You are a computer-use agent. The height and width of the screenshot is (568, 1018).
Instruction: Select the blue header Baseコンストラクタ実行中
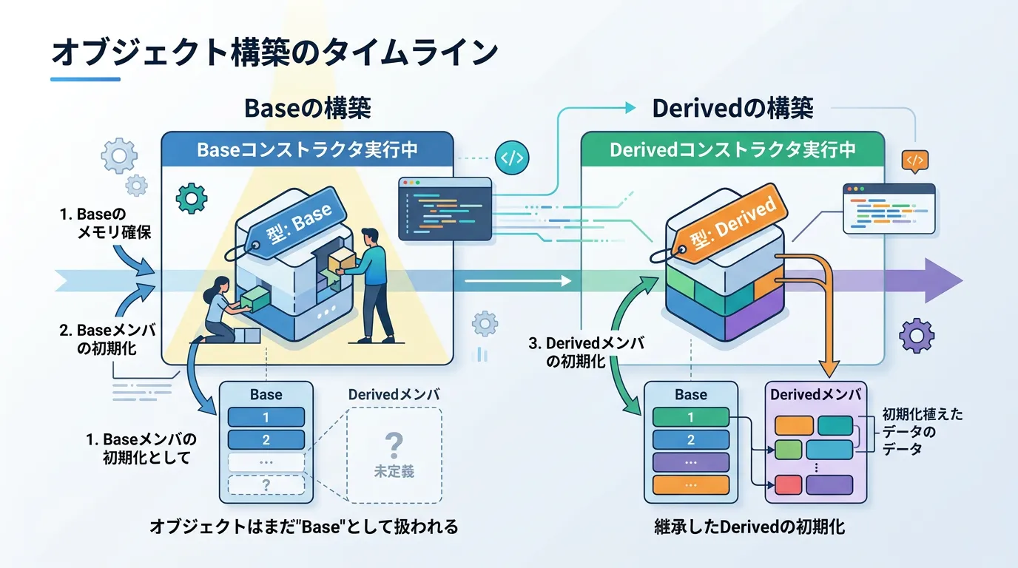(x=307, y=150)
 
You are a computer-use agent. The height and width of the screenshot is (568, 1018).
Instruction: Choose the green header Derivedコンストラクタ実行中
(x=732, y=150)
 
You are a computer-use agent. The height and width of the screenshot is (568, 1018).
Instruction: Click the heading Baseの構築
(x=307, y=109)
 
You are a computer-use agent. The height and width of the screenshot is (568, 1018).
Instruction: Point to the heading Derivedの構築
(x=732, y=109)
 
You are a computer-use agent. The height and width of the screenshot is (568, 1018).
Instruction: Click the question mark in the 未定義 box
(x=394, y=444)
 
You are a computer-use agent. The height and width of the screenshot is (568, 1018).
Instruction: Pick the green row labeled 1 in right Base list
(x=691, y=417)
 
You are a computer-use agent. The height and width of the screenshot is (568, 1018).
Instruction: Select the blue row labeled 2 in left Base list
(x=266, y=440)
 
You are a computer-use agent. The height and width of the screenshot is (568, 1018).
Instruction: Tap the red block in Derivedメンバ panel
(x=788, y=485)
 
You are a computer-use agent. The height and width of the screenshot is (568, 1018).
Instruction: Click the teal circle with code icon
(x=512, y=158)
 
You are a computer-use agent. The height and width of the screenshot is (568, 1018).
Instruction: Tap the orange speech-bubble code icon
(x=915, y=160)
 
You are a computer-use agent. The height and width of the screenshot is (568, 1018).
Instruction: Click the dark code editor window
(x=445, y=209)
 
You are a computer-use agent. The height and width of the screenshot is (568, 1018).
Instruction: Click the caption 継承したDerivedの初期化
(x=749, y=527)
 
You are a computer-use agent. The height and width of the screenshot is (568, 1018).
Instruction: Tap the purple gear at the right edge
(x=916, y=335)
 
